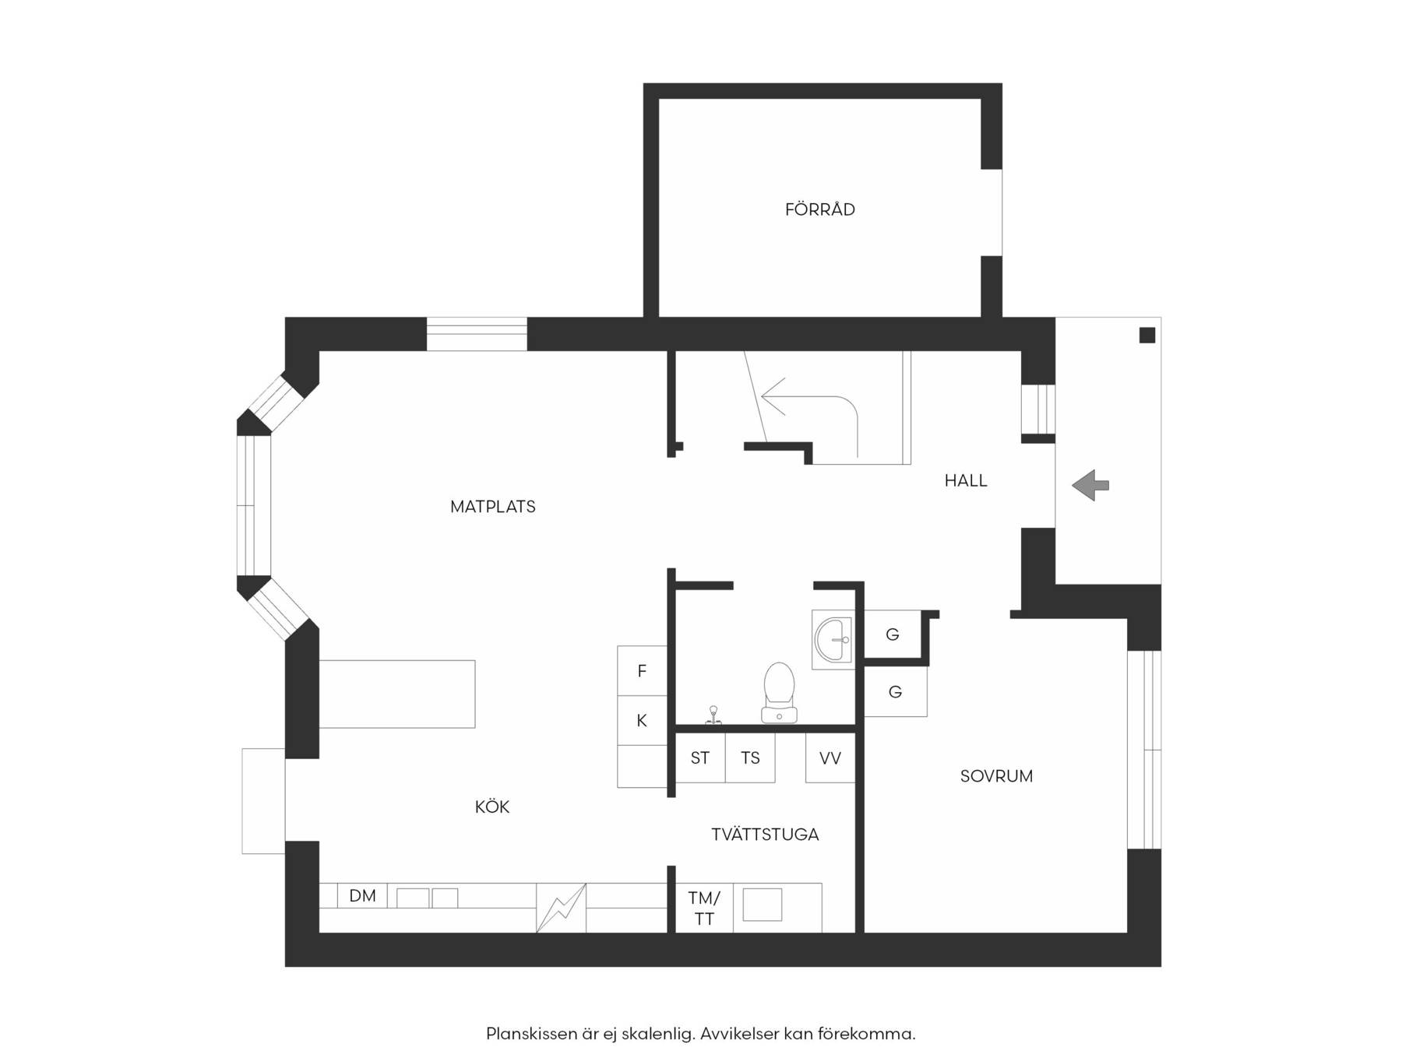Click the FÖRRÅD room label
click(x=819, y=209)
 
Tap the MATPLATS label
click(x=493, y=507)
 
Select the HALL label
click(x=966, y=481)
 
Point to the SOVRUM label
click(x=996, y=776)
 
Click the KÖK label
click(x=492, y=807)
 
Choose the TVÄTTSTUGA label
click(x=765, y=835)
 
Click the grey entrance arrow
click(x=1090, y=485)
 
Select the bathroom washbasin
click(x=833, y=639)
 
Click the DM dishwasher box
click(x=362, y=895)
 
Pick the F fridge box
click(x=642, y=670)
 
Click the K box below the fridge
click(x=642, y=720)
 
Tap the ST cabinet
click(x=700, y=757)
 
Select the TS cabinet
click(x=750, y=757)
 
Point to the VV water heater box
click(x=830, y=757)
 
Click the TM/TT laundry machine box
click(x=704, y=908)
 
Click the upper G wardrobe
click(x=893, y=634)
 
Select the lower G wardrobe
click(x=896, y=691)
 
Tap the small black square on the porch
click(x=1147, y=336)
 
